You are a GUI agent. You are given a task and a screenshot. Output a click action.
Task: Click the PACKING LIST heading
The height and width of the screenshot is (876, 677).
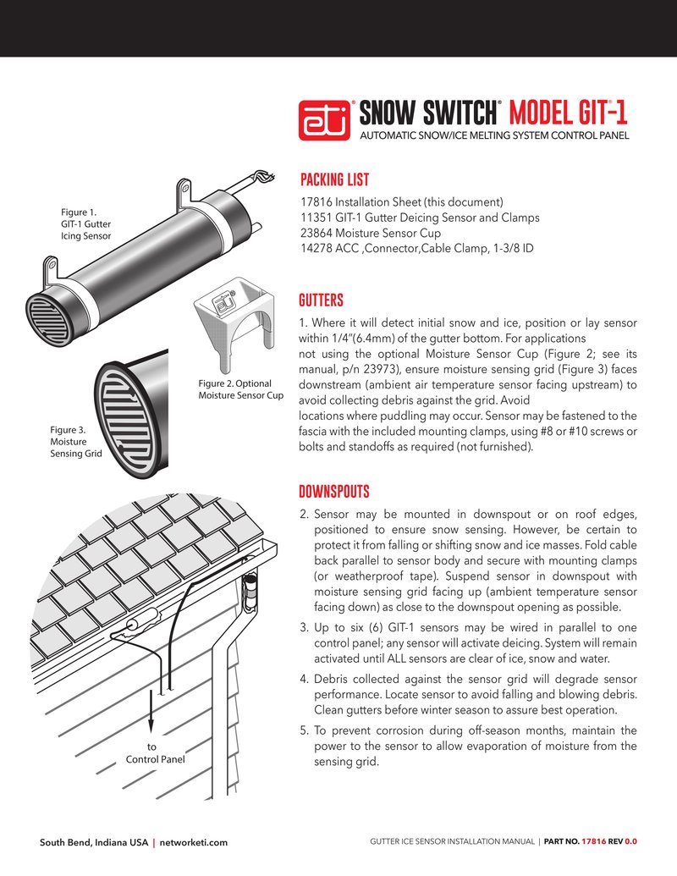click(334, 180)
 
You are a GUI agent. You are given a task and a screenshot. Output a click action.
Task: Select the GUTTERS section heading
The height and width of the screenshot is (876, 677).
click(321, 300)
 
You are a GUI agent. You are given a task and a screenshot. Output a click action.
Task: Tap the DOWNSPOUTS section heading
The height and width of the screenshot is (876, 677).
click(334, 492)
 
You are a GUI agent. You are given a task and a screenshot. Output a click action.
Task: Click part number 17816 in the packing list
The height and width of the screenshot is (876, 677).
click(317, 202)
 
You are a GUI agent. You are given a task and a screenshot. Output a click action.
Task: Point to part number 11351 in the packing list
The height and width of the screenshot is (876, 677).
click(317, 218)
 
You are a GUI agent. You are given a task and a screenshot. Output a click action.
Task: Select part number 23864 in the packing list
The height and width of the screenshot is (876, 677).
click(317, 233)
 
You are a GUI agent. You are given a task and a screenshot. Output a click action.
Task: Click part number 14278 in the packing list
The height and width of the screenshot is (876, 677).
click(317, 248)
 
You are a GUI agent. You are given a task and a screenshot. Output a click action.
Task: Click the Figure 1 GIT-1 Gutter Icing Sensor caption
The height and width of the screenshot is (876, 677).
click(85, 224)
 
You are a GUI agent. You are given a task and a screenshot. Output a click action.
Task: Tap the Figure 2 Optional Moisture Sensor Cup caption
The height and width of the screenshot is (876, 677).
click(240, 389)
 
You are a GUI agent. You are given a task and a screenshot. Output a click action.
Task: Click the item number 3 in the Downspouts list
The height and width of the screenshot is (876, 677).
click(304, 628)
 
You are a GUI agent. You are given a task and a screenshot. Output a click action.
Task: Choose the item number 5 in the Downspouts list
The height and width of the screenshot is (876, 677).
click(304, 730)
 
